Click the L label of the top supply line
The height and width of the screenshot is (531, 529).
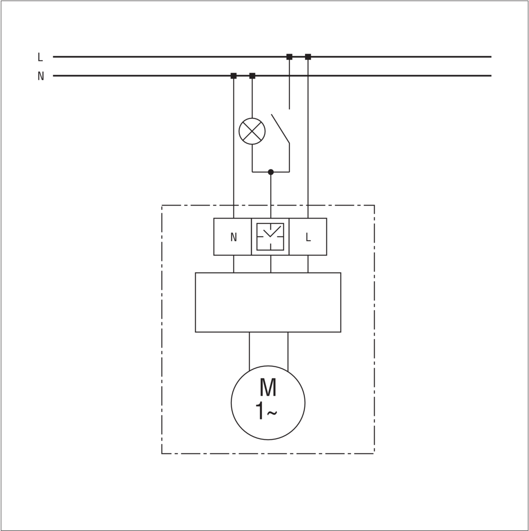pyautogui.click(x=40, y=57)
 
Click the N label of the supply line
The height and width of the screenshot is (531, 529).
pyautogui.click(x=40, y=76)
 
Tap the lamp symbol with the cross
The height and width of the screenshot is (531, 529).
pyautogui.click(x=252, y=131)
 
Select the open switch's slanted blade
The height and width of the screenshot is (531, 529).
pyautogui.click(x=280, y=129)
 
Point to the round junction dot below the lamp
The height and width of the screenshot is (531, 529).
pyautogui.click(x=271, y=172)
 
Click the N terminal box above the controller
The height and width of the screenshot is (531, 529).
pyautogui.click(x=233, y=237)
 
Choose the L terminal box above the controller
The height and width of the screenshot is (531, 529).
pyautogui.click(x=308, y=237)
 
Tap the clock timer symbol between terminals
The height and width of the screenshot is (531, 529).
pyautogui.click(x=270, y=237)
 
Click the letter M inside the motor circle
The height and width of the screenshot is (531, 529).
pyautogui.click(x=268, y=387)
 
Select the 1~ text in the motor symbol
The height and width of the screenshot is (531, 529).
pyautogui.click(x=266, y=411)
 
